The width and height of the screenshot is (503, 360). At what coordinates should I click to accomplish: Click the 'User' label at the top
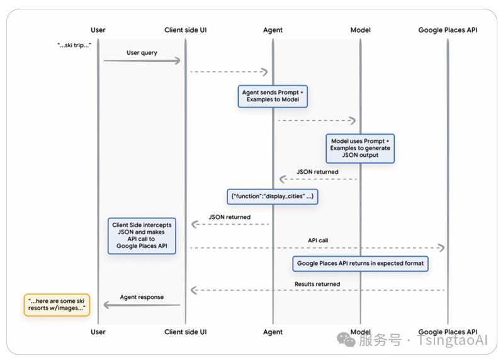pyautogui.click(x=98, y=30)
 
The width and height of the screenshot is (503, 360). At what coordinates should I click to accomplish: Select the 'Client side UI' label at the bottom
pyautogui.click(x=186, y=332)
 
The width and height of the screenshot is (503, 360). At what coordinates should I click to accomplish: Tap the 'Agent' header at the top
pyautogui.click(x=273, y=30)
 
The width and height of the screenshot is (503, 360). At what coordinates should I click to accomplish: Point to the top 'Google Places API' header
pyautogui.click(x=448, y=30)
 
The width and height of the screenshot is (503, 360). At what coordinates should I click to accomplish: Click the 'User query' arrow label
pyautogui.click(x=142, y=53)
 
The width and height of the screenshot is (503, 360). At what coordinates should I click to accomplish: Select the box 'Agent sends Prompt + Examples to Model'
pyautogui.click(x=273, y=96)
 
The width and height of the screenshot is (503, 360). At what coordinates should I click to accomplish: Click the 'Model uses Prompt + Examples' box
pyautogui.click(x=360, y=149)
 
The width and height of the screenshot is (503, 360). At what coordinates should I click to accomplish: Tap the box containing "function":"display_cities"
pyautogui.click(x=273, y=196)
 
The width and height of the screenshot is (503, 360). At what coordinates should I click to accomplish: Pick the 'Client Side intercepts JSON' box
pyautogui.click(x=142, y=236)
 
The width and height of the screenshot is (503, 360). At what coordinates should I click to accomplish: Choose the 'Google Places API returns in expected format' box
pyautogui.click(x=360, y=264)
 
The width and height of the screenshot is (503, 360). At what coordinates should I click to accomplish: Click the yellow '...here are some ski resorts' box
pyautogui.click(x=57, y=305)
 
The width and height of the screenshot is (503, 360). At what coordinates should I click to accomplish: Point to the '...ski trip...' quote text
pyautogui.click(x=74, y=45)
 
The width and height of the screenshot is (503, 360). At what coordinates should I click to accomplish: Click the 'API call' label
pyautogui.click(x=318, y=240)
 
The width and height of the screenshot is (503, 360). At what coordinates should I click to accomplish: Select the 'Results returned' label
pyautogui.click(x=317, y=284)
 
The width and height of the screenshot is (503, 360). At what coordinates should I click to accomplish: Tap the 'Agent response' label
pyautogui.click(x=142, y=297)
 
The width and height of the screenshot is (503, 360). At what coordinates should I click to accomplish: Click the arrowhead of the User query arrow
pyautogui.click(x=178, y=60)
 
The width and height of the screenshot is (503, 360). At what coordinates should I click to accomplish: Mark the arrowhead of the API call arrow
pyautogui.click(x=442, y=248)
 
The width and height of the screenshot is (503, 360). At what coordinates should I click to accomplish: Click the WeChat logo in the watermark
pyautogui.click(x=346, y=340)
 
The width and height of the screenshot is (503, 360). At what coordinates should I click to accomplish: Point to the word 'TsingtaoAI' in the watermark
pyautogui.click(x=452, y=340)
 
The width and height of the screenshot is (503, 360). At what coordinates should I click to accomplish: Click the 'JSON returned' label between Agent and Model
pyautogui.click(x=317, y=172)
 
